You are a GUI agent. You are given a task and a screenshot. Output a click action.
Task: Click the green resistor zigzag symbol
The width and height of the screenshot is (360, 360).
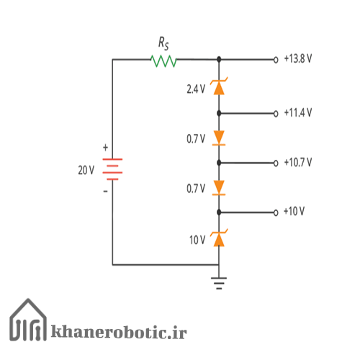(163, 61)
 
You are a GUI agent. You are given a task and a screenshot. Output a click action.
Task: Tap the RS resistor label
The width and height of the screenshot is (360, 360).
(163, 43)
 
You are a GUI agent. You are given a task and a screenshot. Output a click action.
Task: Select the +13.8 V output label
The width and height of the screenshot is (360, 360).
(298, 59)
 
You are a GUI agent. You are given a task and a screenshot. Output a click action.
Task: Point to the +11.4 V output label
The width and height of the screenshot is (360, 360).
(298, 112)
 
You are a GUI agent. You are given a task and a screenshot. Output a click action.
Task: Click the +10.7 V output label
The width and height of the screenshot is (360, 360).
(298, 163)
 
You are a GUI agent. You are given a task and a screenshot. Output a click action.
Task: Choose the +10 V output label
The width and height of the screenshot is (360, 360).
(294, 212)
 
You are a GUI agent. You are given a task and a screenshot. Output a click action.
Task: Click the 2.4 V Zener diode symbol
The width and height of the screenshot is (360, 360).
(219, 86)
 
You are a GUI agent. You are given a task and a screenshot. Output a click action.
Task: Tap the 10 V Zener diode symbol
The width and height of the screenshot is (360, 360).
(219, 238)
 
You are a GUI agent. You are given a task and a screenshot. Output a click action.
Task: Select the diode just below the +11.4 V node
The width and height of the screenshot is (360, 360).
(219, 138)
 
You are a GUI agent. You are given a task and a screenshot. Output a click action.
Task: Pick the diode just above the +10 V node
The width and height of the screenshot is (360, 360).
(219, 188)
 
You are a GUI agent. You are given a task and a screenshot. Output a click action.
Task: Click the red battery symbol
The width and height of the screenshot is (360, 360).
(112, 169)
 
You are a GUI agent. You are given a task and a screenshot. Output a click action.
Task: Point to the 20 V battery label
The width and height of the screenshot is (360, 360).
(86, 170)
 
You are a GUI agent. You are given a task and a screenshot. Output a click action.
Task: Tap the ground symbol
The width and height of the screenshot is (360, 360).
(219, 283)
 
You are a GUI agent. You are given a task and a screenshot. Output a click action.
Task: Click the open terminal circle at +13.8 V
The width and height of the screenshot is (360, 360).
(276, 60)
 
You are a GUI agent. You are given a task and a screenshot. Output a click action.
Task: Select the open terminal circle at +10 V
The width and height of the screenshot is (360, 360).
(276, 212)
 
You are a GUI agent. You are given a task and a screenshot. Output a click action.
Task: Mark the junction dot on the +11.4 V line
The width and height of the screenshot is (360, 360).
(219, 113)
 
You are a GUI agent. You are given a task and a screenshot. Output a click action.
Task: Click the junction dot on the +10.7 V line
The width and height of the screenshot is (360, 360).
(219, 163)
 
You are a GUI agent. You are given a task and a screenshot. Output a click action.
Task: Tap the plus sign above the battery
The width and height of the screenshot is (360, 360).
(105, 148)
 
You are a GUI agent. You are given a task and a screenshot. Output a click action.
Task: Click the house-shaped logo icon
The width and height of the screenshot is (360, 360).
(28, 320)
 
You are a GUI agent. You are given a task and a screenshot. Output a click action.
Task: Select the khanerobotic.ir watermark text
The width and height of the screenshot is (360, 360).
(119, 331)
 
